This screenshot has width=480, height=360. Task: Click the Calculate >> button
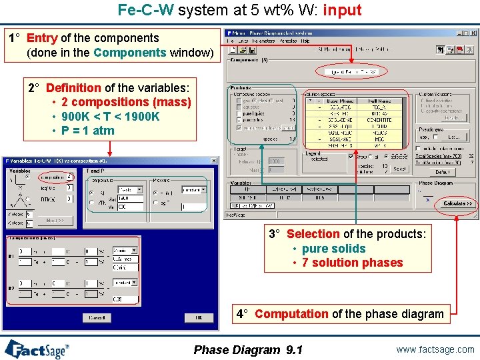[x=457, y=203]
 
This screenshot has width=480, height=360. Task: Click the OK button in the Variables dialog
[x=198, y=317]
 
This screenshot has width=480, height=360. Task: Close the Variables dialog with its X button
[x=214, y=161]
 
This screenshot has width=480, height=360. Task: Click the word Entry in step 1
[x=42, y=38]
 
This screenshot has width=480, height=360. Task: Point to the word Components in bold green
[x=130, y=52]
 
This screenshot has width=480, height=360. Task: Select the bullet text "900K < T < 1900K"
[x=110, y=116]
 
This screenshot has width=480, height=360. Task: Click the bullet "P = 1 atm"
[x=87, y=130]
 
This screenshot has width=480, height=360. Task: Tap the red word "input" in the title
[x=342, y=10]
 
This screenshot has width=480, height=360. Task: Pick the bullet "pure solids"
[x=333, y=249]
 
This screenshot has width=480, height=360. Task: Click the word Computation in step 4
[x=291, y=313]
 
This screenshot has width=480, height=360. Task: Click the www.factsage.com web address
[x=434, y=349]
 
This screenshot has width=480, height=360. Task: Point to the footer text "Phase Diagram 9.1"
[x=247, y=350]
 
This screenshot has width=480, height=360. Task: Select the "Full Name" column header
[x=380, y=101]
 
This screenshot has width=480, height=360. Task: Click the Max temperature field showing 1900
[x=131, y=198]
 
